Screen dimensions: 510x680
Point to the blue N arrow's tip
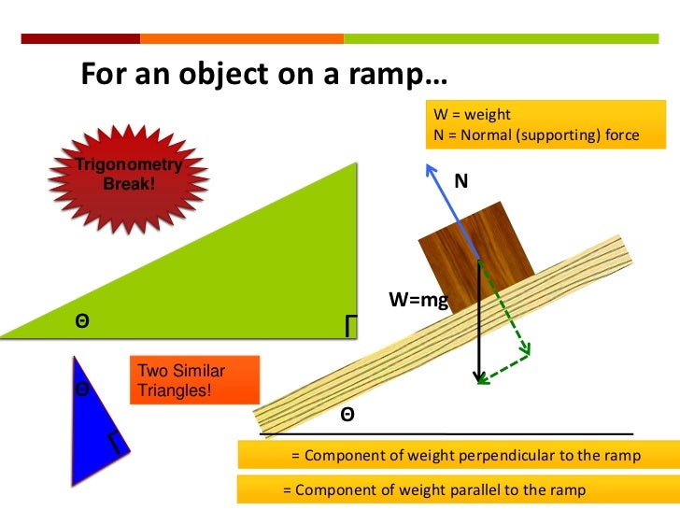pos(429,166)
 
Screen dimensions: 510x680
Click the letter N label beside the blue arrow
pos(460,181)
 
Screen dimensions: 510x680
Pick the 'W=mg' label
pos(418,300)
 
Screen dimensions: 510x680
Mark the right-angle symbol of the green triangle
pos(351,324)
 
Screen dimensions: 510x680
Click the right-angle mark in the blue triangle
pos(115,441)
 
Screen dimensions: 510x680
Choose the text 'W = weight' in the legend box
pos(473,115)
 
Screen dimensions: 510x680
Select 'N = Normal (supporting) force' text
pos(537,135)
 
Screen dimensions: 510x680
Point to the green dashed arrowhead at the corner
pos(526,352)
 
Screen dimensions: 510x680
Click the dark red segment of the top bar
pos(80,39)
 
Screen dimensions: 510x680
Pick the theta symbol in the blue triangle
pos(82,388)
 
